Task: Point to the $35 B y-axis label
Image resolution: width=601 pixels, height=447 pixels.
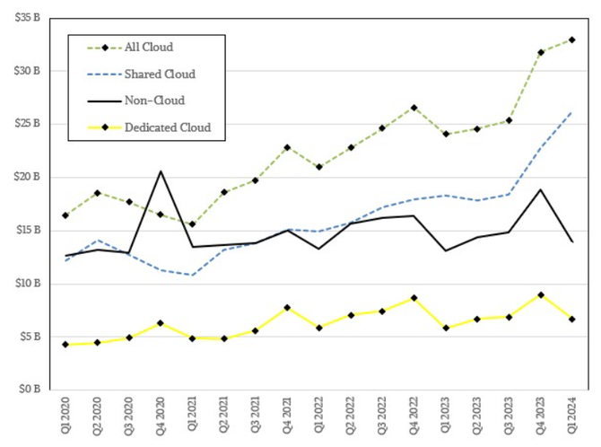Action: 28,17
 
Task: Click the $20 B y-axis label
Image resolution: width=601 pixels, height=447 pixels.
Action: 28,177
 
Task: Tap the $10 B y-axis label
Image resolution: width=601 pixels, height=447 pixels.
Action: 28,284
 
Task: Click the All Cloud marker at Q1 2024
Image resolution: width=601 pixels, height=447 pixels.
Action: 571,39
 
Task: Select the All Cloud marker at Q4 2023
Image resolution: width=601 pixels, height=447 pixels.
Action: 540,52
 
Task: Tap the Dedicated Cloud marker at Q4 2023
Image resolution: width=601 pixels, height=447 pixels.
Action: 540,294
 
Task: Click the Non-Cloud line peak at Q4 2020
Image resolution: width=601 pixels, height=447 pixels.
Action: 161,171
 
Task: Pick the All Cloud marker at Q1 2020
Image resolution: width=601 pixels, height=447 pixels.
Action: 65,215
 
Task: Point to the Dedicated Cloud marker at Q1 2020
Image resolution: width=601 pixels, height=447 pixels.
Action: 65,345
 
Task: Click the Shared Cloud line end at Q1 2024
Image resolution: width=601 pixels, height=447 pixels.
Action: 571,113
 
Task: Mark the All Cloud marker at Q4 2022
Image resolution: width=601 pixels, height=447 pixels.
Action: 414,108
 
